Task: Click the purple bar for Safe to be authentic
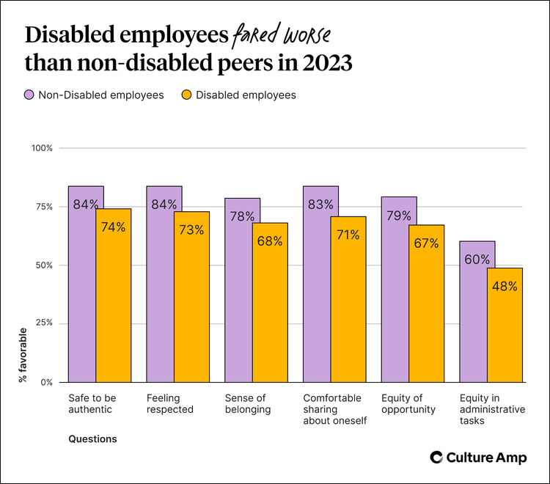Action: (82, 293)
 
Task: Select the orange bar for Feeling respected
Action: (191, 301)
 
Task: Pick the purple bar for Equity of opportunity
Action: (395, 293)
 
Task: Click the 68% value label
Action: (269, 241)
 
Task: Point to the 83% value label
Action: (321, 205)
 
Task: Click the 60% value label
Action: (477, 259)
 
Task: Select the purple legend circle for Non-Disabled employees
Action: (30, 95)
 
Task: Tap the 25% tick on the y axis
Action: (45, 323)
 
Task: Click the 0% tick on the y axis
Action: (47, 382)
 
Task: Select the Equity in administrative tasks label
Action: (492, 409)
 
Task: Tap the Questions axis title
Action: (92, 439)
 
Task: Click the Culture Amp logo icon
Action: (436, 457)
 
